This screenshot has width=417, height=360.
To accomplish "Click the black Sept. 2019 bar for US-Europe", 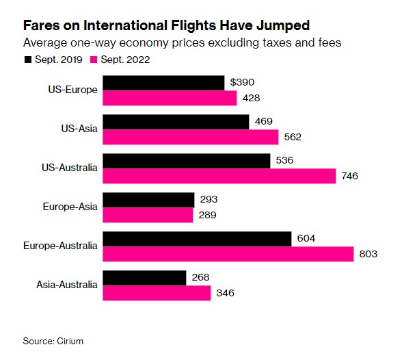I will [x=163, y=83].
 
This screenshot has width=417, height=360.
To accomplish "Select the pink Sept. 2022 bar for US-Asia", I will [x=191, y=137].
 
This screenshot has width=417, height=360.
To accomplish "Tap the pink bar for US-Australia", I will [x=219, y=176].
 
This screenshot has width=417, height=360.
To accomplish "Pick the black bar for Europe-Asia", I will [x=148, y=200].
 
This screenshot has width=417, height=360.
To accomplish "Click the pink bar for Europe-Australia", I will [x=228, y=254].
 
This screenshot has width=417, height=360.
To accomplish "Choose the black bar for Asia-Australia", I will [x=144, y=278].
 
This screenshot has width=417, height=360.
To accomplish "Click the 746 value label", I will [x=349, y=176].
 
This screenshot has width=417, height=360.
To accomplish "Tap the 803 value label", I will [x=368, y=254].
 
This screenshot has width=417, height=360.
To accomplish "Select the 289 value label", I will [x=207, y=215].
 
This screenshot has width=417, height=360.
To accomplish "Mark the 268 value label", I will [x=200, y=278].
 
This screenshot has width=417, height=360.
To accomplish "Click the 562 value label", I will [x=293, y=137].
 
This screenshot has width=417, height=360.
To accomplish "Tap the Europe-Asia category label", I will [x=70, y=207].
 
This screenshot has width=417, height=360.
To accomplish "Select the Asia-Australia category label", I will [x=68, y=285].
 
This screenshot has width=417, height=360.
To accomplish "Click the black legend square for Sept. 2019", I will [x=27, y=60].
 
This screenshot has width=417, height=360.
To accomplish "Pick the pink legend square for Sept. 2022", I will [x=94, y=60].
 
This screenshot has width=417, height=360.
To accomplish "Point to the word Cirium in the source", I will [x=77, y=340].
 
